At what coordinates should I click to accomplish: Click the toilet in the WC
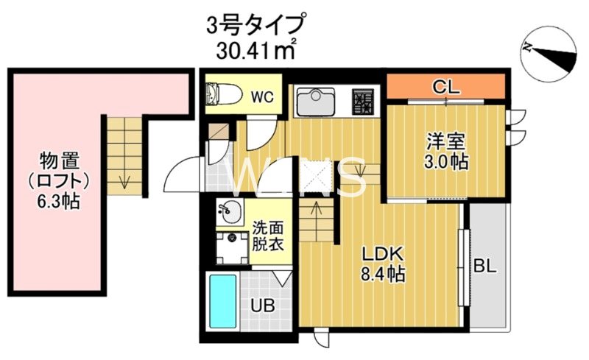(x=222, y=94)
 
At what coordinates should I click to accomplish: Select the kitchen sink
(x=316, y=102)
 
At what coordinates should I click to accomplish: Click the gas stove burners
(x=362, y=102)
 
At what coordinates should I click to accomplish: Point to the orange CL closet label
(x=445, y=88)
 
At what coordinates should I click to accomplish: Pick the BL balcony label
(x=487, y=266)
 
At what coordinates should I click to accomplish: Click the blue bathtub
(x=222, y=300)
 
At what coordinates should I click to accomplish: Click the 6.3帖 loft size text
(x=60, y=200)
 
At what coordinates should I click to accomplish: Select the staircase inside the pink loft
(x=122, y=155)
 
